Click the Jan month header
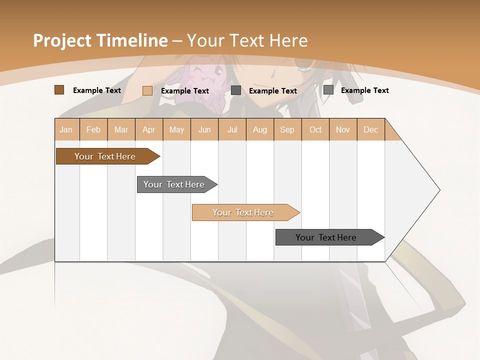(x=66, y=129)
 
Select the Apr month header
(x=149, y=129)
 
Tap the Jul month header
(x=232, y=129)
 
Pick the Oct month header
(x=315, y=129)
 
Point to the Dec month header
(x=371, y=129)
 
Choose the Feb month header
(x=93, y=129)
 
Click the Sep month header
(x=287, y=129)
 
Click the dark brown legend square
(x=59, y=90)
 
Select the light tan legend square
(x=147, y=90)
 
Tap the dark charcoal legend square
(x=236, y=90)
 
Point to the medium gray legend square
(x=328, y=90)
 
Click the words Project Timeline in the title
(x=100, y=40)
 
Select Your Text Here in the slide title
(x=247, y=40)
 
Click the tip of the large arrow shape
(x=438, y=190)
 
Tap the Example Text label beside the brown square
(x=97, y=90)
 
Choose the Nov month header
(x=343, y=129)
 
